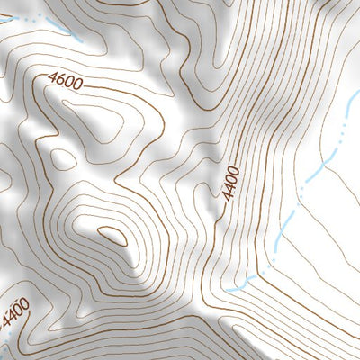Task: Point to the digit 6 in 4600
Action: [x=60, y=81]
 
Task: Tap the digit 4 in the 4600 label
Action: [x=52, y=78]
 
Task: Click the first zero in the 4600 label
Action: [x=68, y=84]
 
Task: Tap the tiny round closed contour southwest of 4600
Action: [x=63, y=159]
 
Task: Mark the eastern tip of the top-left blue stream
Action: [x=81, y=40]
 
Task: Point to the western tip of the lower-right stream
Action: [x=229, y=291]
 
